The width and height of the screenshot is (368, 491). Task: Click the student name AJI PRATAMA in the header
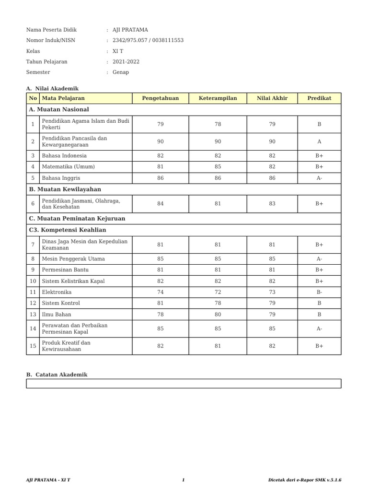point(130,30)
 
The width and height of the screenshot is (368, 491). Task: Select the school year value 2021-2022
point(126,62)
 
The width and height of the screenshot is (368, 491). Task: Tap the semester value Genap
point(121,72)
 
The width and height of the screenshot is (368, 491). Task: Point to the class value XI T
point(118,51)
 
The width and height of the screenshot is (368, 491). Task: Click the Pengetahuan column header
point(160,98)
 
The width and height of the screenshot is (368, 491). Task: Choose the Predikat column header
point(319,98)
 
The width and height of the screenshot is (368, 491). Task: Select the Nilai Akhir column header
point(272,98)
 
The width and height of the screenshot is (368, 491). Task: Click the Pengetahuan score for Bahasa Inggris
point(160,178)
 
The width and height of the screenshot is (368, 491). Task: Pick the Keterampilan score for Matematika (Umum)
point(218,167)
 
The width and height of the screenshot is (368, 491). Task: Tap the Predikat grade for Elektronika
point(319,292)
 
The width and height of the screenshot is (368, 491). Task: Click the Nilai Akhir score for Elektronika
point(272,292)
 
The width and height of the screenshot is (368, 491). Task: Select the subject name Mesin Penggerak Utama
point(73,259)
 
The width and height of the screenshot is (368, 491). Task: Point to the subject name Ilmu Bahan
point(57,315)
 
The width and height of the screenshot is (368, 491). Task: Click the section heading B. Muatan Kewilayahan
point(65,189)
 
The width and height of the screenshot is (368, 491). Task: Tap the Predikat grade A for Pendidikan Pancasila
point(319,142)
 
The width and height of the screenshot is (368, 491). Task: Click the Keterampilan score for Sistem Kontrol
point(218,303)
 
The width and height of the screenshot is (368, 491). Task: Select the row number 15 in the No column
point(33,346)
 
